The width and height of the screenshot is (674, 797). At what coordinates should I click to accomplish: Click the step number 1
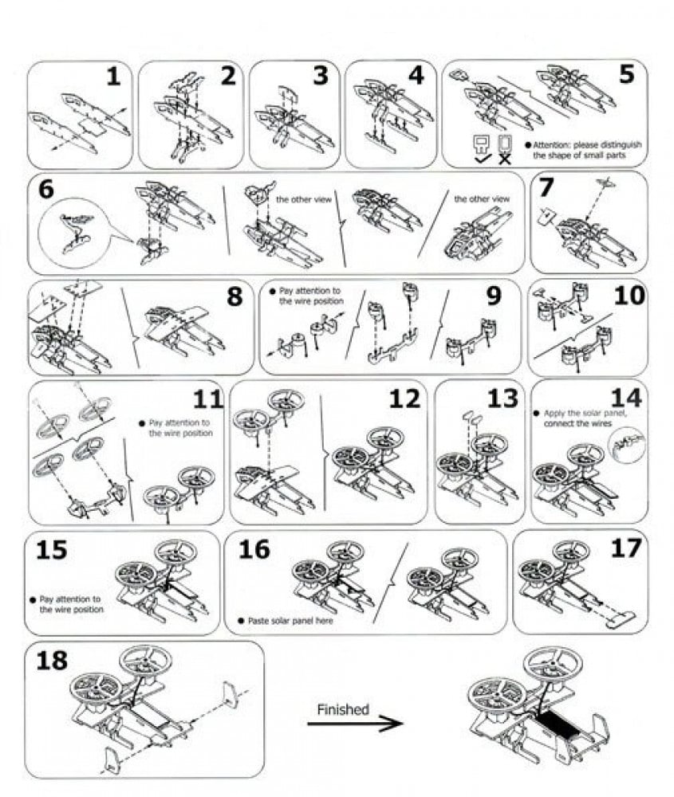tap(113, 77)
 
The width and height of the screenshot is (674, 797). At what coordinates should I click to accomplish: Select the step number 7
tap(546, 187)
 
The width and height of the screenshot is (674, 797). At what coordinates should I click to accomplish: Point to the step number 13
tap(502, 398)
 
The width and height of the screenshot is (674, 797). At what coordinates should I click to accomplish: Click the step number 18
tap(51, 660)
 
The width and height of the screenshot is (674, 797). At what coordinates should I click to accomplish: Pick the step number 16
tap(254, 549)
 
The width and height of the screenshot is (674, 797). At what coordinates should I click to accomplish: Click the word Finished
tap(343, 709)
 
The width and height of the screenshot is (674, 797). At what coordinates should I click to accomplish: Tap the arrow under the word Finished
tap(355, 724)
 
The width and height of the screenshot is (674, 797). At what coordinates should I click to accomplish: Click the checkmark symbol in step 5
tap(482, 159)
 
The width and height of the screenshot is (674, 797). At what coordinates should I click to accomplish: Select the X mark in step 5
tap(504, 159)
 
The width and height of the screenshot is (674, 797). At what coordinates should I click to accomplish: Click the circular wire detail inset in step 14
tap(627, 446)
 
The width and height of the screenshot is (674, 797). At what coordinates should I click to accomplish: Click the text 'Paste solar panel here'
tap(290, 621)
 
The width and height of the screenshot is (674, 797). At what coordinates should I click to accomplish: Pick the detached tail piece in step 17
tap(621, 617)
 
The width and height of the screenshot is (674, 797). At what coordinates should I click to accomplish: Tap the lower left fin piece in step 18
tap(112, 761)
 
